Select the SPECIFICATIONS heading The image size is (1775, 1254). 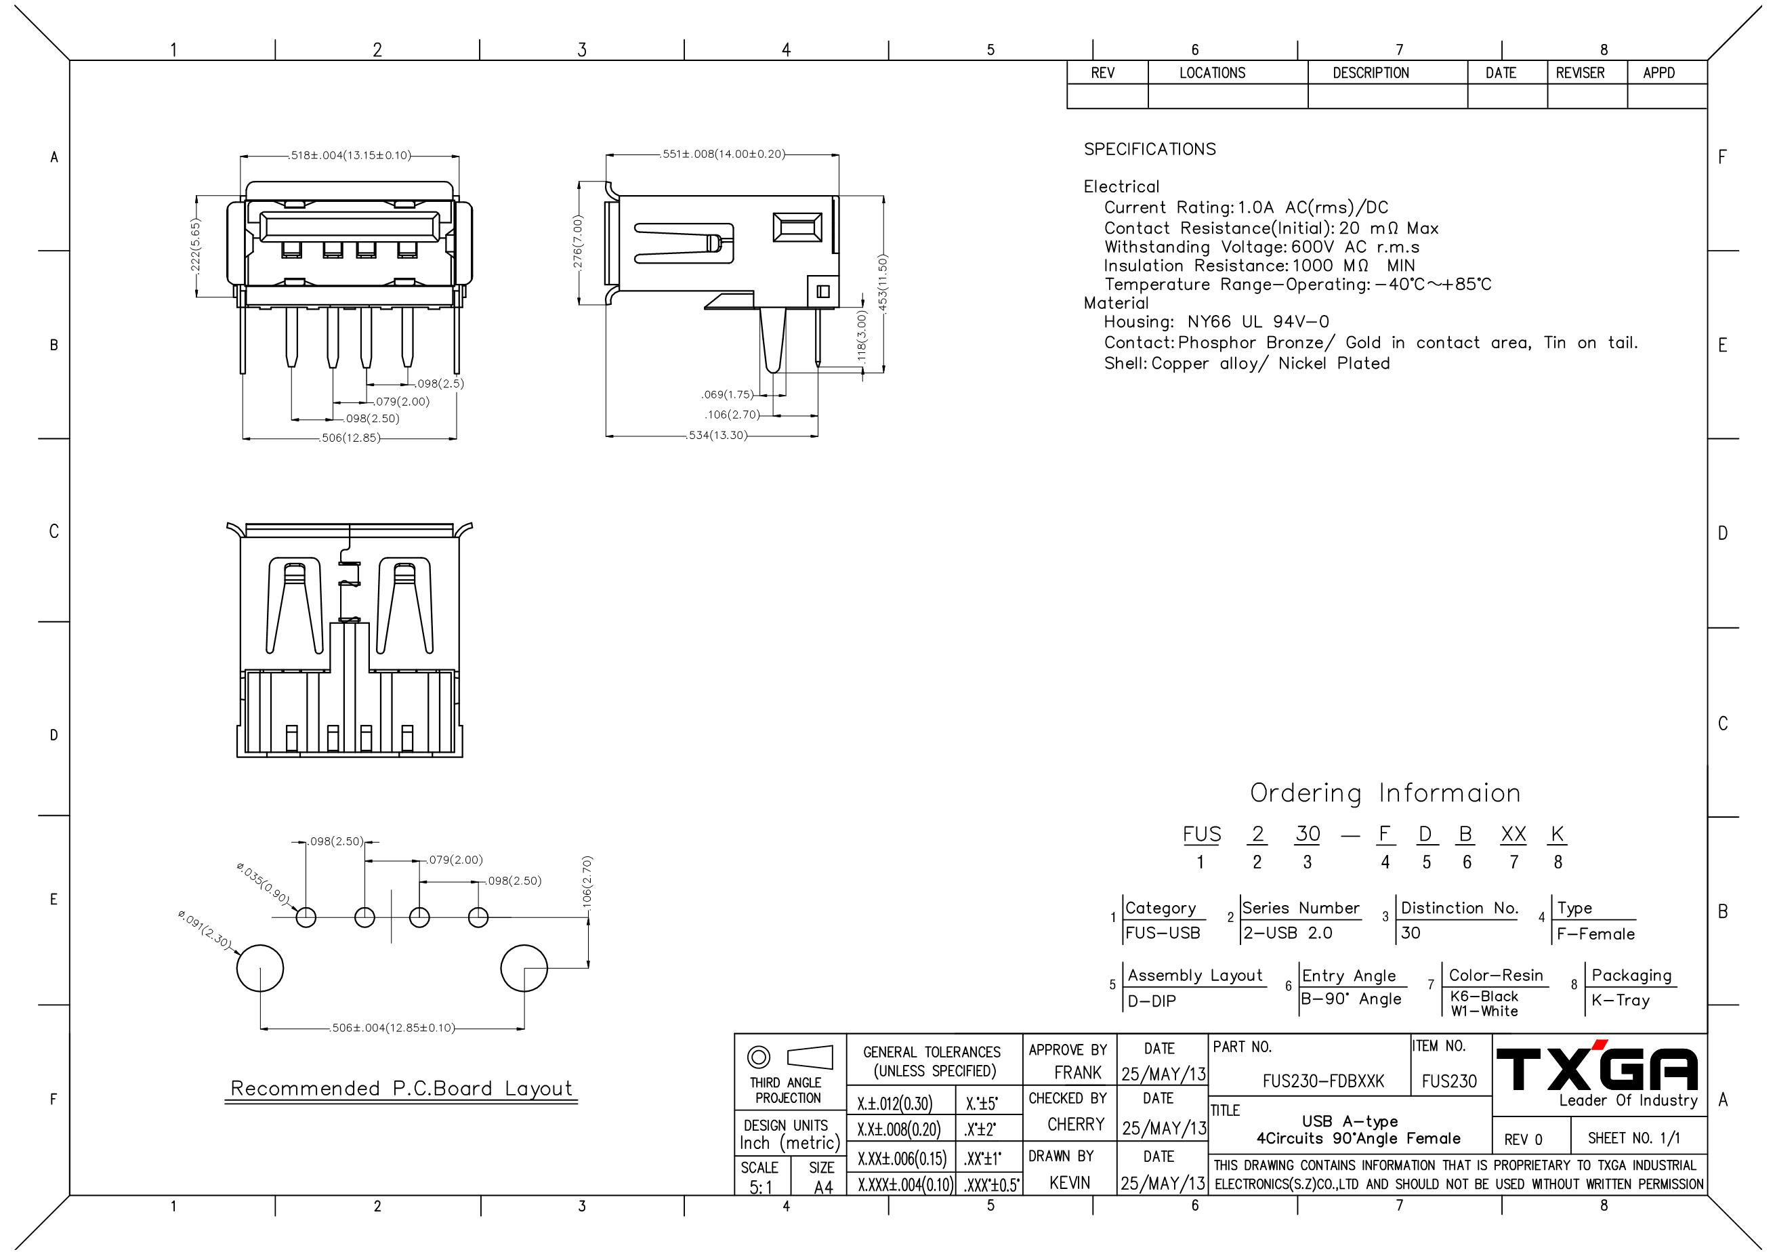pyautogui.click(x=1149, y=149)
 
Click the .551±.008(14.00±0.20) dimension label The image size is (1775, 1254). pyautogui.click(x=723, y=154)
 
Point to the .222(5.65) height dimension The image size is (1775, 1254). pyautogui.click(x=196, y=245)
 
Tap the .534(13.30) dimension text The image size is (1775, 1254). pyautogui.click(x=717, y=435)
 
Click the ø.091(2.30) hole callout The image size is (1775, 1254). pyautogui.click(x=204, y=929)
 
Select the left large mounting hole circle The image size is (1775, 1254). pyautogui.click(x=259, y=968)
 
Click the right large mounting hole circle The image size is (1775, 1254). pyautogui.click(x=524, y=968)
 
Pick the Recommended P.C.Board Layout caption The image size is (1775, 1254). pyautogui.click(x=402, y=1089)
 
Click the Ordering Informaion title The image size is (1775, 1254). pyautogui.click(x=1385, y=793)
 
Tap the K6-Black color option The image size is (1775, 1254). pyautogui.click(x=1484, y=997)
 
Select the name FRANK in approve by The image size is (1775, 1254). pyautogui.click(x=1077, y=1072)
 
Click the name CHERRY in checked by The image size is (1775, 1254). pyautogui.click(x=1075, y=1124)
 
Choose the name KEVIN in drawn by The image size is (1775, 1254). pyautogui.click(x=1069, y=1182)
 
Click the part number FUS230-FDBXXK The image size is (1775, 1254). pyautogui.click(x=1322, y=1081)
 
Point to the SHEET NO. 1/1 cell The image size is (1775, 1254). pyautogui.click(x=1633, y=1138)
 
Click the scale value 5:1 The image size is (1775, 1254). pyautogui.click(x=761, y=1187)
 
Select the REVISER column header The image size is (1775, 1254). pyautogui.click(x=1579, y=72)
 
